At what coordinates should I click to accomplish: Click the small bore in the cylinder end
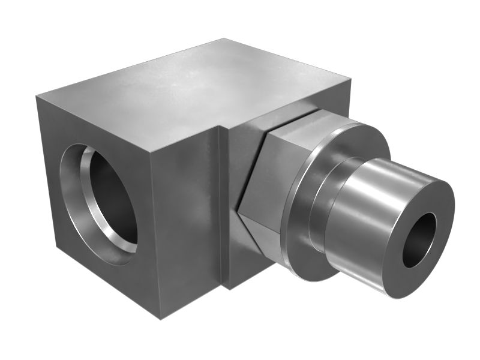(419, 240)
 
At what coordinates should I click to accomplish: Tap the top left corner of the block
(37, 96)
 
